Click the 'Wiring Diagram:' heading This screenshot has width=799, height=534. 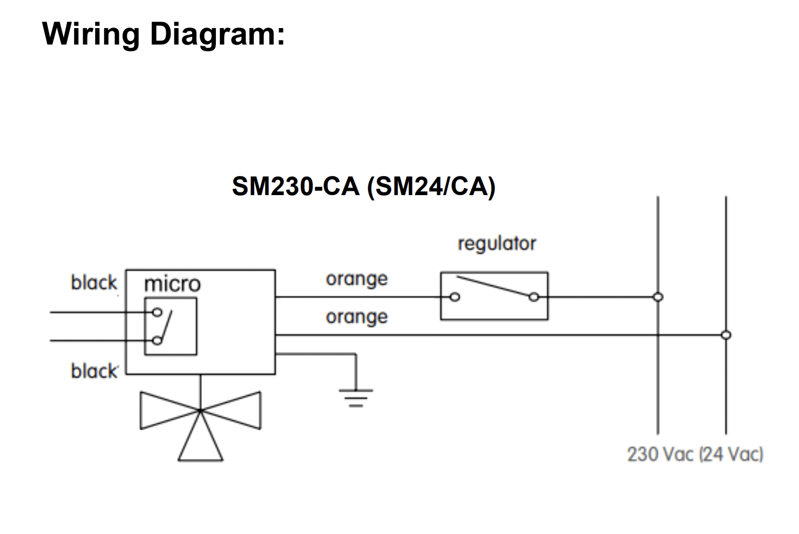coord(164,35)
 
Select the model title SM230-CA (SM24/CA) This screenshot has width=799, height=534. coord(363,187)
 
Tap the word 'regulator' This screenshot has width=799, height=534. coord(497,244)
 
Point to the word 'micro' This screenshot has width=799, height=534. coord(172,284)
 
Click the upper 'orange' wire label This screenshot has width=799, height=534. coord(357,279)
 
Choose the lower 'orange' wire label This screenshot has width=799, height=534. coord(357,317)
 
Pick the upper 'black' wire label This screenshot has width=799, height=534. coord(94,283)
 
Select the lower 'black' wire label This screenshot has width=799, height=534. coord(94,371)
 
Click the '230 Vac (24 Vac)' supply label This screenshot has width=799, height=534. coord(695,455)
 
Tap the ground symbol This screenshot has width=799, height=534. coord(356,398)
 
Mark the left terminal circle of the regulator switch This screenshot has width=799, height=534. coord(455,297)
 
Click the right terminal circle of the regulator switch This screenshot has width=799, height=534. coord(534,297)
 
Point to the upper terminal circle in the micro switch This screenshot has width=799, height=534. coord(157,312)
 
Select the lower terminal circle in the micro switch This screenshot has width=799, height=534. coord(157,341)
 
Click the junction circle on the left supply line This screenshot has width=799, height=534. coord(658,297)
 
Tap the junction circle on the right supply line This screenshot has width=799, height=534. coord(726,335)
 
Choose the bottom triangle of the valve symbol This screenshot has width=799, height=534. coord(200,460)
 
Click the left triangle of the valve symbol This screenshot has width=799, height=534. coord(141,411)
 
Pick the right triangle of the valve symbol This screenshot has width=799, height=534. coord(260,411)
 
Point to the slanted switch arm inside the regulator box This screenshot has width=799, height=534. coord(495,286)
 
